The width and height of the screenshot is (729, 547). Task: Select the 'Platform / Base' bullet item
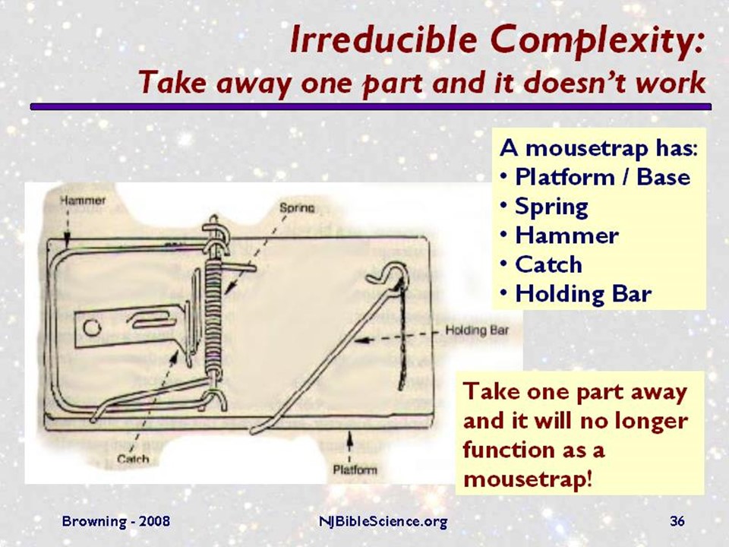[602, 177]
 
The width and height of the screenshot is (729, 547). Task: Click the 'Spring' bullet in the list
[551, 207]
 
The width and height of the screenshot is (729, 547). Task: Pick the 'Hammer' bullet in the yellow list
[566, 236]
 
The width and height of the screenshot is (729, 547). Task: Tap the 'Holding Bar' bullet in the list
[583, 294]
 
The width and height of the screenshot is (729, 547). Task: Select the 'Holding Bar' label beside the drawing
[475, 330]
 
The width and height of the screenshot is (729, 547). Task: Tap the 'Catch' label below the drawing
[133, 459]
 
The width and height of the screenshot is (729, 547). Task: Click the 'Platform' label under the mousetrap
[355, 470]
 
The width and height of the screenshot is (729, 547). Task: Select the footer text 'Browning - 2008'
[115, 521]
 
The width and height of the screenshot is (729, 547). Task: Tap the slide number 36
[677, 521]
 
